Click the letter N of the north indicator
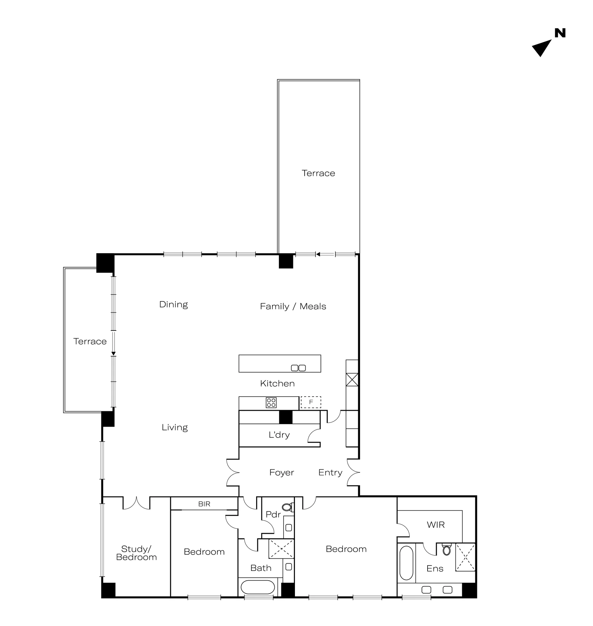tap(560, 33)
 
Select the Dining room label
tap(174, 305)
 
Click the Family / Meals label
tap(293, 306)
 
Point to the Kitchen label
tap(277, 383)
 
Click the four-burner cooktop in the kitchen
tap(271, 403)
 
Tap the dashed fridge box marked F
tap(311, 402)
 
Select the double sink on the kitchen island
tap(298, 368)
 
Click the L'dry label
tap(279, 435)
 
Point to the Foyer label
tap(281, 473)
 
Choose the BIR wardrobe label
tap(204, 504)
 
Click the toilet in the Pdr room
tap(288, 507)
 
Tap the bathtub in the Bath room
tap(258, 588)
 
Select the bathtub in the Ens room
tap(407, 563)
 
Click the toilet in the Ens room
tap(447, 549)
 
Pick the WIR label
tap(436, 525)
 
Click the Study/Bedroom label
tap(137, 553)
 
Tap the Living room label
tap(175, 428)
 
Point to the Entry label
tap(330, 473)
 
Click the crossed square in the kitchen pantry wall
tap(352, 380)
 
